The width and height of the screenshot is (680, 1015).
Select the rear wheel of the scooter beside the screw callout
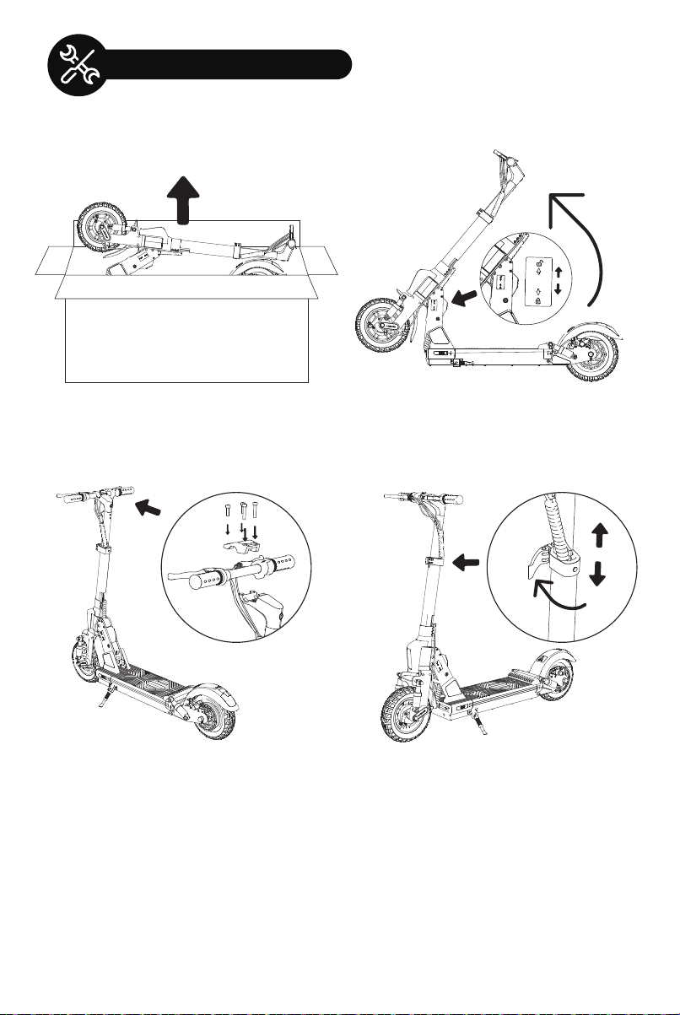coord(211,709)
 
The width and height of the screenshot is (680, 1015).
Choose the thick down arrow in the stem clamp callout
coord(598,574)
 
